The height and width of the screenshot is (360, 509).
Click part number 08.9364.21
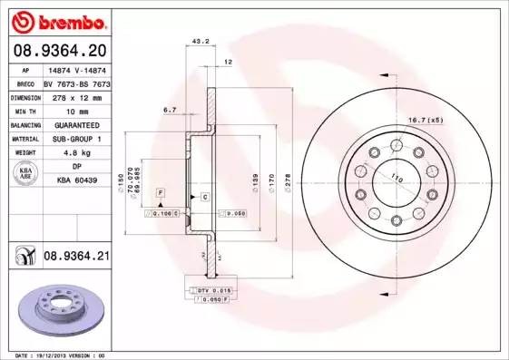pos(76,258)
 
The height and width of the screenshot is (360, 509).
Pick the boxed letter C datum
pos(205,197)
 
